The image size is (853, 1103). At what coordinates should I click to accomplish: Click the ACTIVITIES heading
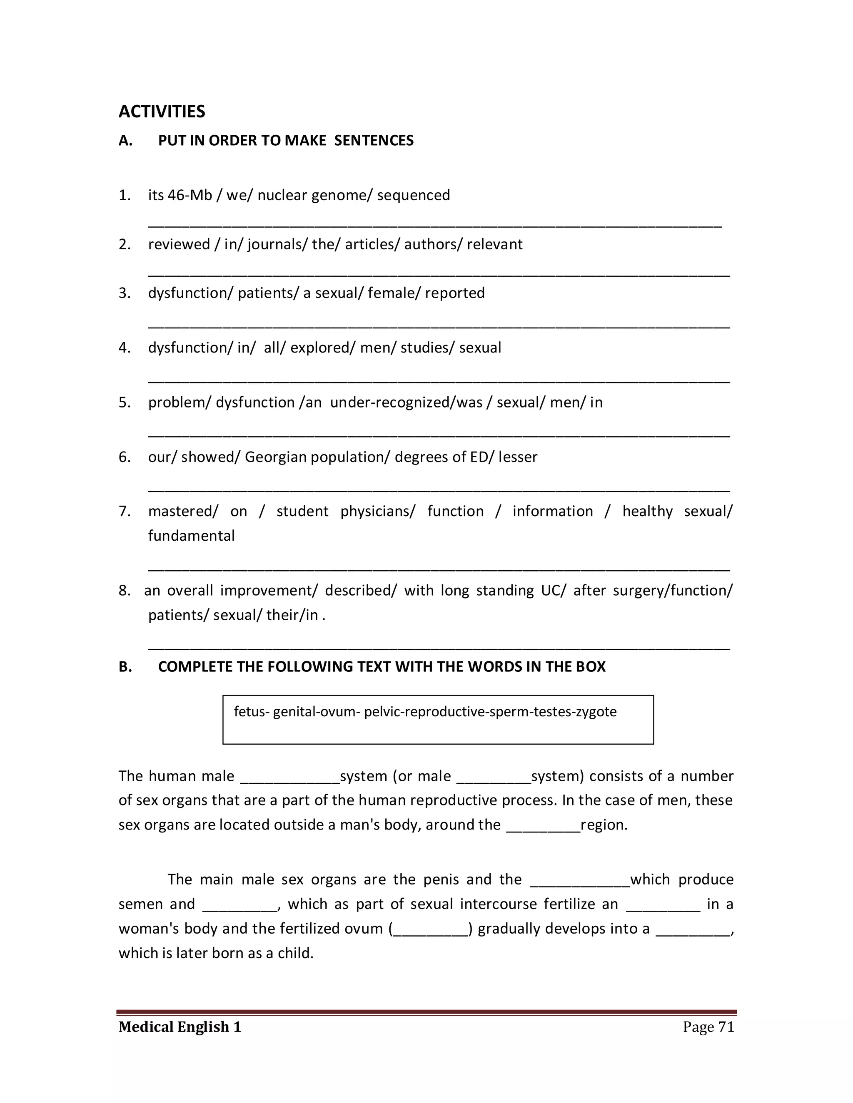pyautogui.click(x=162, y=112)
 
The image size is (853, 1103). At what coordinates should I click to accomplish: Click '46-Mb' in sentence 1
pyautogui.click(x=190, y=196)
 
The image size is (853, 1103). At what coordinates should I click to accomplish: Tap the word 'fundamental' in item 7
pyautogui.click(x=191, y=536)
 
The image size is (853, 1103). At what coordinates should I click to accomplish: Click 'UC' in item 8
pyautogui.click(x=550, y=590)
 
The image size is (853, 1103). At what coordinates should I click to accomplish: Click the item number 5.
pyautogui.click(x=124, y=402)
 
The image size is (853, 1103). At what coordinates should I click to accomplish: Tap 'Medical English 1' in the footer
pyautogui.click(x=180, y=1027)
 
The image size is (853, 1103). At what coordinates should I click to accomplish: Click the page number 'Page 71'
pyautogui.click(x=708, y=1027)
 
